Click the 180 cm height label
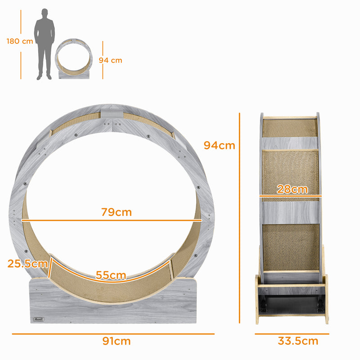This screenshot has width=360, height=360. (x=20, y=41)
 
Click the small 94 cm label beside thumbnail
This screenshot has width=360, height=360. (x=110, y=60)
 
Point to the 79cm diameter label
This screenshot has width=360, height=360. (x=117, y=212)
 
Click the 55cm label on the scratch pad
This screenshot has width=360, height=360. (x=111, y=275)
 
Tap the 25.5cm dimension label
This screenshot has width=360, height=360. (x=27, y=264)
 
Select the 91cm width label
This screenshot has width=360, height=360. (x=117, y=341)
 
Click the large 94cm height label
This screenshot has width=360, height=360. (x=219, y=145)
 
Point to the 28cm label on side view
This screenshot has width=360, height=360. (x=292, y=189)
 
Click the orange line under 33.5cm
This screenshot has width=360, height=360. (x=292, y=334)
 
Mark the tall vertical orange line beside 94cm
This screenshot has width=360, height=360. (x=240, y=216)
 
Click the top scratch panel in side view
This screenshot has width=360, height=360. (x=290, y=128)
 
